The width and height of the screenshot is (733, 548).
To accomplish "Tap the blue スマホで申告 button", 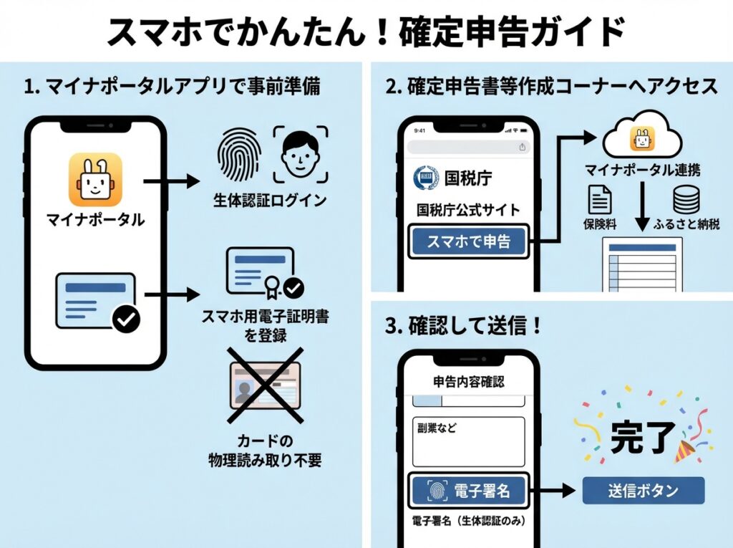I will tap(469, 241).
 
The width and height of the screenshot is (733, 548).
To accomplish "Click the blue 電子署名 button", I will tap(469, 491).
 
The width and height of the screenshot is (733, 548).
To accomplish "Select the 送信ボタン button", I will tap(643, 491).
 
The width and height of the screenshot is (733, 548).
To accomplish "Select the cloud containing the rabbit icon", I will tap(641, 136).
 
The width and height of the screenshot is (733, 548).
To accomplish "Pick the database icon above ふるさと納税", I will tap(685, 200).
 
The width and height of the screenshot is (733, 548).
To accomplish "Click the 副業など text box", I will tap(469, 441).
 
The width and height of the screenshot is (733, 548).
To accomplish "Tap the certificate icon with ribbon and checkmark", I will tap(263, 271).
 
